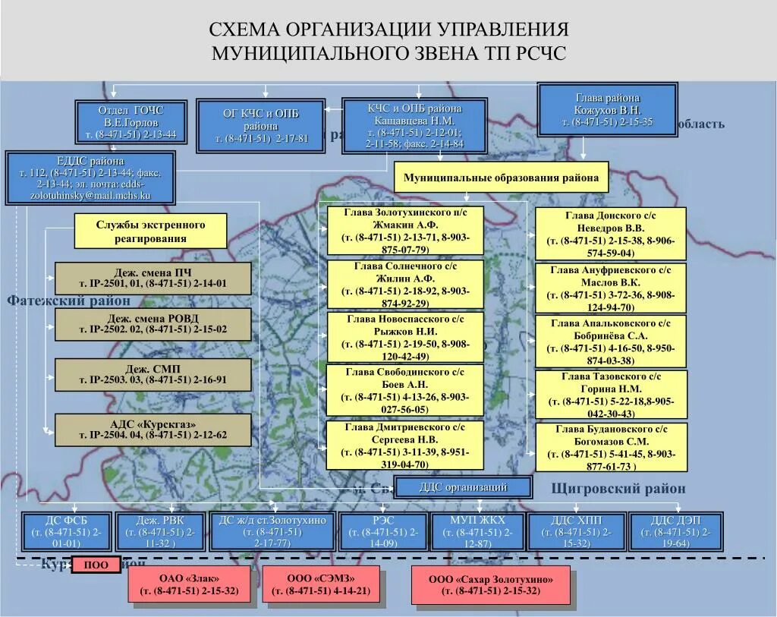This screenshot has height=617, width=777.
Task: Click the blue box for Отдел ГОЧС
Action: point(130,122)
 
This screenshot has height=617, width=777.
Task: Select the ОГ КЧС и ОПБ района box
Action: point(261,125)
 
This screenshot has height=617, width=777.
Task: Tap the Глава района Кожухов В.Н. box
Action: point(607,110)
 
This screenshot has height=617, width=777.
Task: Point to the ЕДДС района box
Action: point(90,178)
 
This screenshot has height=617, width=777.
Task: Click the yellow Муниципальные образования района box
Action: point(501,178)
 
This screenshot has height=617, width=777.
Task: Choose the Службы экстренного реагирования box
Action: point(151,231)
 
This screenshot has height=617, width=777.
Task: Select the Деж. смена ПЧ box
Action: point(153,279)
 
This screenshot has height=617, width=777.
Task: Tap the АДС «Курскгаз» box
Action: point(153,430)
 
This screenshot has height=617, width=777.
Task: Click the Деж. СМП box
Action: point(153,375)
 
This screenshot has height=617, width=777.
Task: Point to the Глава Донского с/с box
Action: point(610,234)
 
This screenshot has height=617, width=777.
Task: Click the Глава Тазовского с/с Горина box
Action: point(610,395)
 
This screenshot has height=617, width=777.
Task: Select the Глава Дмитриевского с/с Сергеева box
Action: point(405,446)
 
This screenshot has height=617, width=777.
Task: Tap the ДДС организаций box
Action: point(463,487)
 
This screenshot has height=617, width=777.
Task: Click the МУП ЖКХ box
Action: point(477,531)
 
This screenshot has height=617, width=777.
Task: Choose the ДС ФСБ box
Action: point(67,531)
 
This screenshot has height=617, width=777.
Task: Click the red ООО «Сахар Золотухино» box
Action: point(490,585)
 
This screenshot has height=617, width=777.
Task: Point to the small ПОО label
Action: point(96,565)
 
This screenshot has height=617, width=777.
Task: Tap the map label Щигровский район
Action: point(618,489)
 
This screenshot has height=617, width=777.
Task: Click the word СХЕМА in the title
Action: point(245,30)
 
